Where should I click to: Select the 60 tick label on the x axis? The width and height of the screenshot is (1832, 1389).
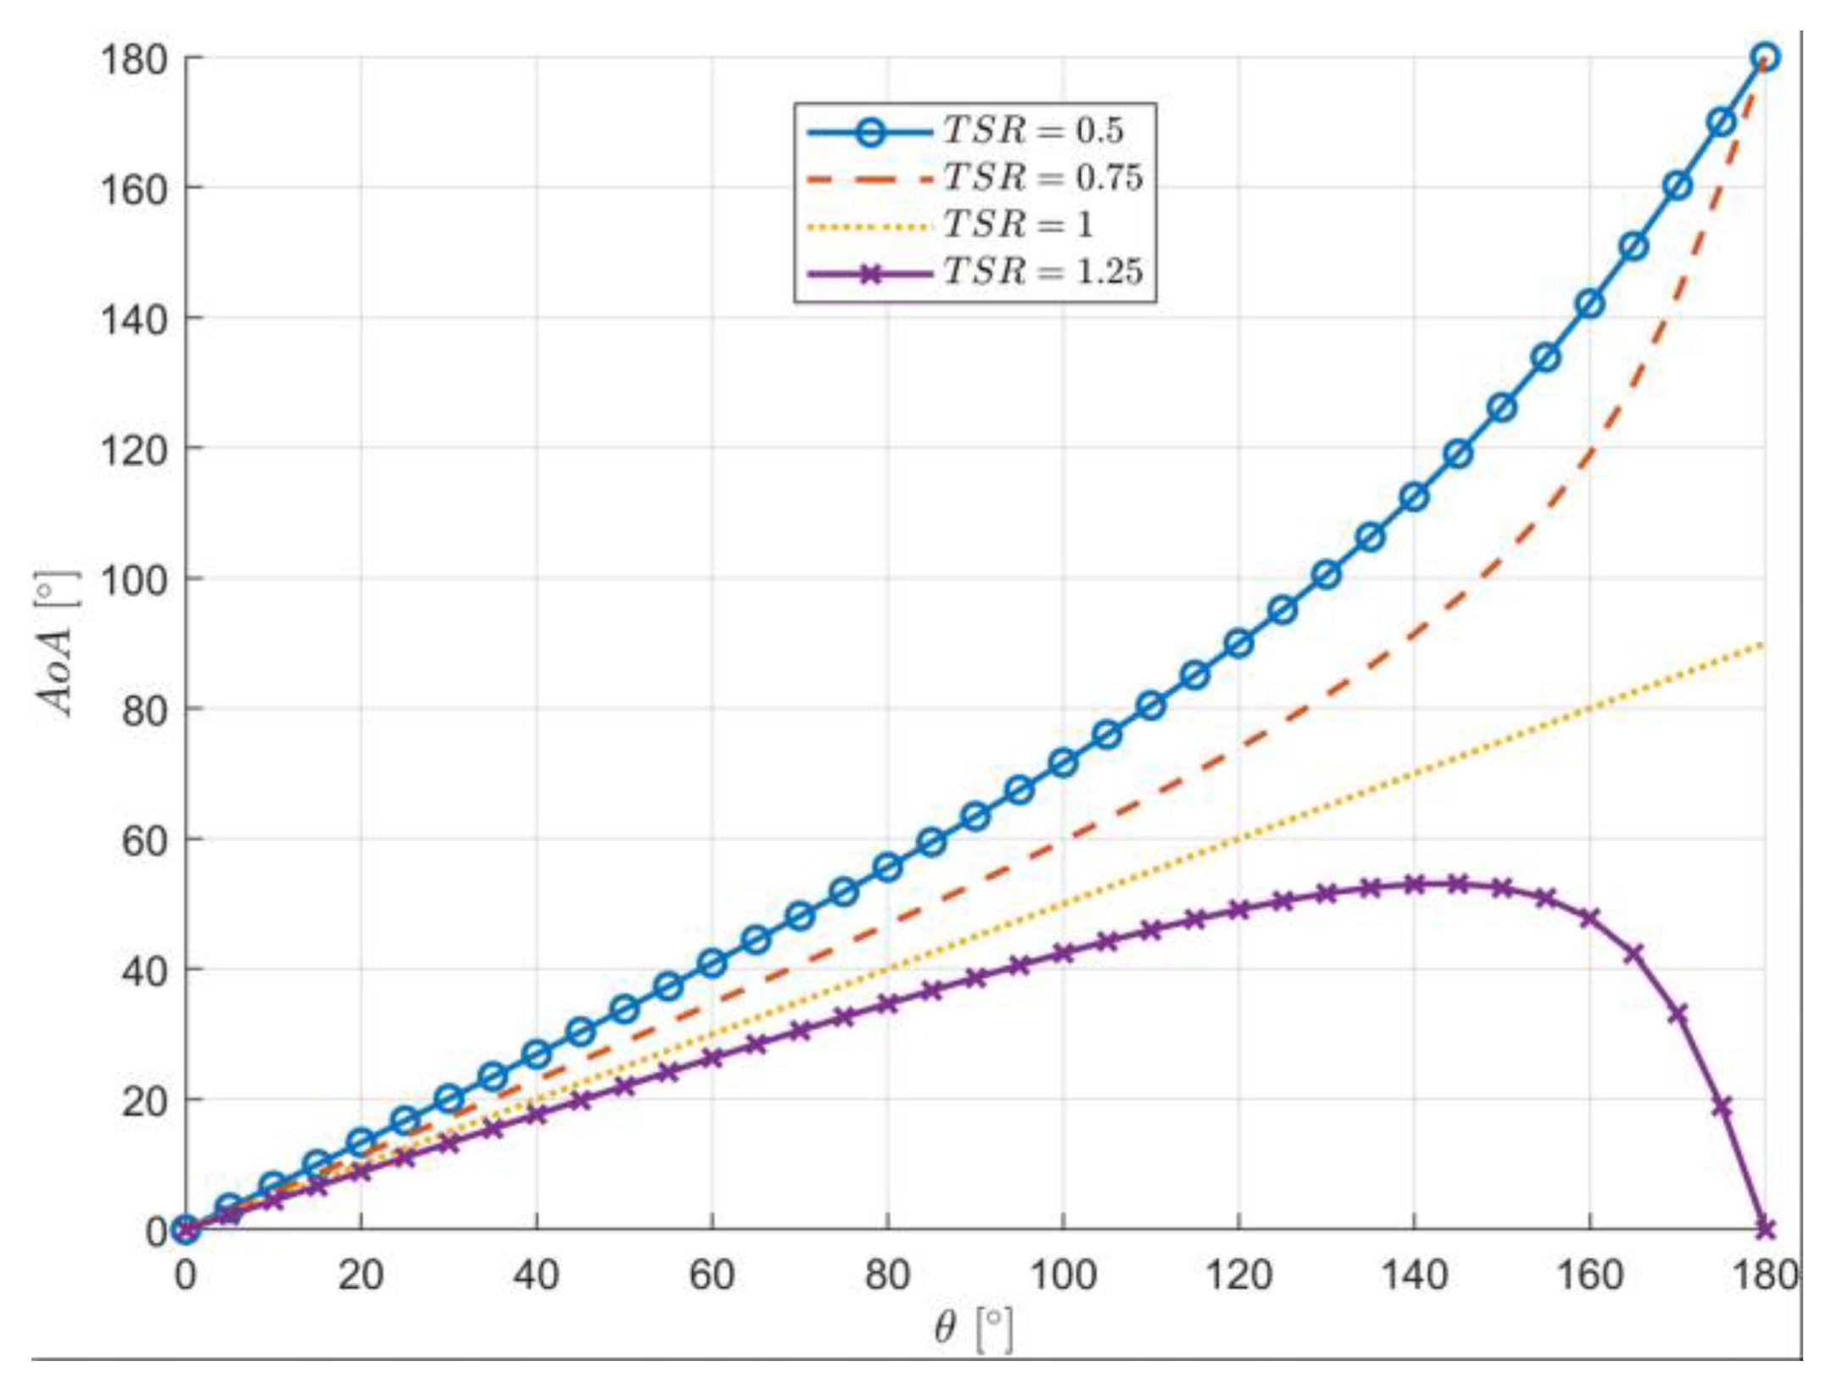[x=712, y=1275]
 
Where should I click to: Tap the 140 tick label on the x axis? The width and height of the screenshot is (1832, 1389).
[x=1413, y=1275]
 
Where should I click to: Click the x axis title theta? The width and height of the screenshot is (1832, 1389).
[x=945, y=1327]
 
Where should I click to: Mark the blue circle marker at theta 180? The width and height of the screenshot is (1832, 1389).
[x=1765, y=58]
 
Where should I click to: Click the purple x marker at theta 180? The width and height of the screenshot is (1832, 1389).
[x=1765, y=1229]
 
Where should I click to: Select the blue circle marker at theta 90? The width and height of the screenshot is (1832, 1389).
[x=975, y=817]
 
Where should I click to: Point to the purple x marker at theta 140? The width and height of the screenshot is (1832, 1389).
[x=1414, y=884]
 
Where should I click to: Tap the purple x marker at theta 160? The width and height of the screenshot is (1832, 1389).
[x=1589, y=918]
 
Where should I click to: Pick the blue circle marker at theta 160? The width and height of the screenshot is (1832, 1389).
[x=1589, y=304]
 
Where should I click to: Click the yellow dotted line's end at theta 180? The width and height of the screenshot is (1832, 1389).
[x=1764, y=644]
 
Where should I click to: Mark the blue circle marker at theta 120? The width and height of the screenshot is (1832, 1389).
[x=1238, y=644]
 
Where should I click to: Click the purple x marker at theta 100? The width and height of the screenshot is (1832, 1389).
[x=1063, y=952]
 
